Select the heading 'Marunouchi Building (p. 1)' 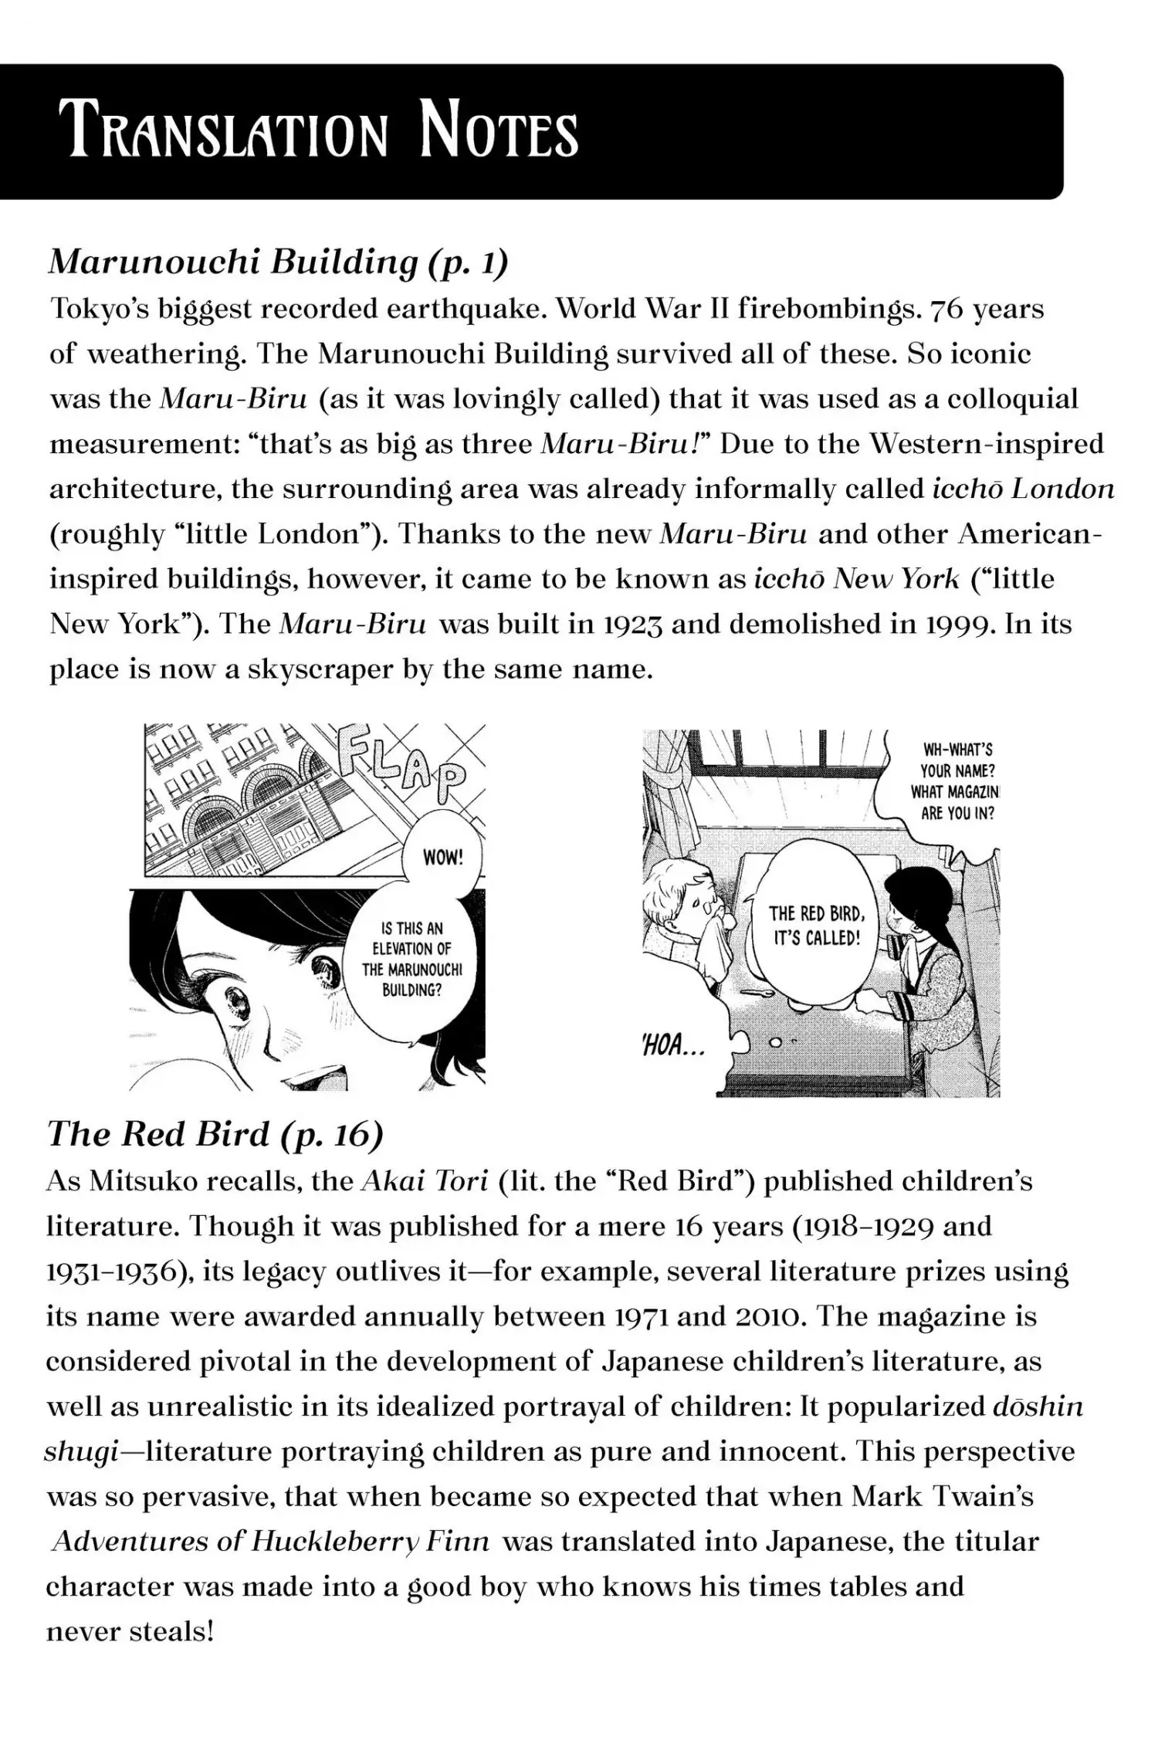[279, 263]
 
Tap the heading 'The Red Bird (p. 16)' [215, 1134]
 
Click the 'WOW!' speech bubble [442, 857]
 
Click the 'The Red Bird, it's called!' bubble [816, 926]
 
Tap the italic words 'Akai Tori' [425, 1182]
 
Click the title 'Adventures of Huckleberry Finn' [271, 1542]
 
